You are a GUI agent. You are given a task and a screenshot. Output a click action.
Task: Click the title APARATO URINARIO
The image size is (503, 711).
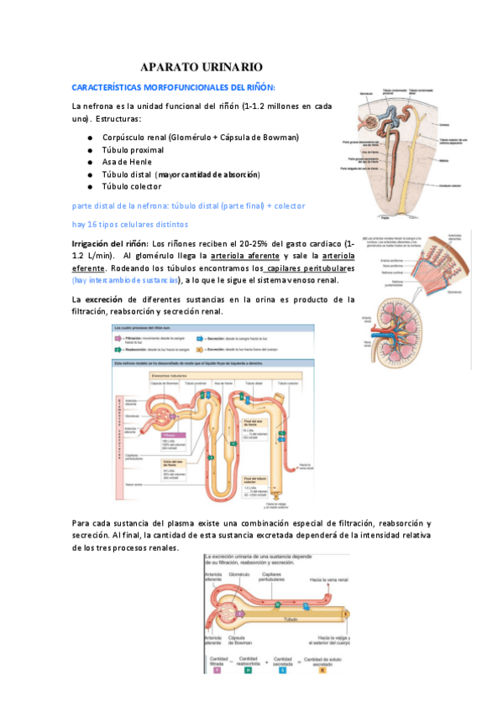[x=202, y=66]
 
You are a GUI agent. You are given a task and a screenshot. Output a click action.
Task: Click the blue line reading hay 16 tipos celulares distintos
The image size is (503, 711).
[x=130, y=224]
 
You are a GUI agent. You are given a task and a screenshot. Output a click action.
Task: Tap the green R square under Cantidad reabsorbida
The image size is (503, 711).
[x=249, y=670]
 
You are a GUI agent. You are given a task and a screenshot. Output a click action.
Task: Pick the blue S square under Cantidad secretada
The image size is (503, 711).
[x=283, y=670]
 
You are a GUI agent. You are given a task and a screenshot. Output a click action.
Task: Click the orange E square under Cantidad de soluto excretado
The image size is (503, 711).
[x=322, y=670]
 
